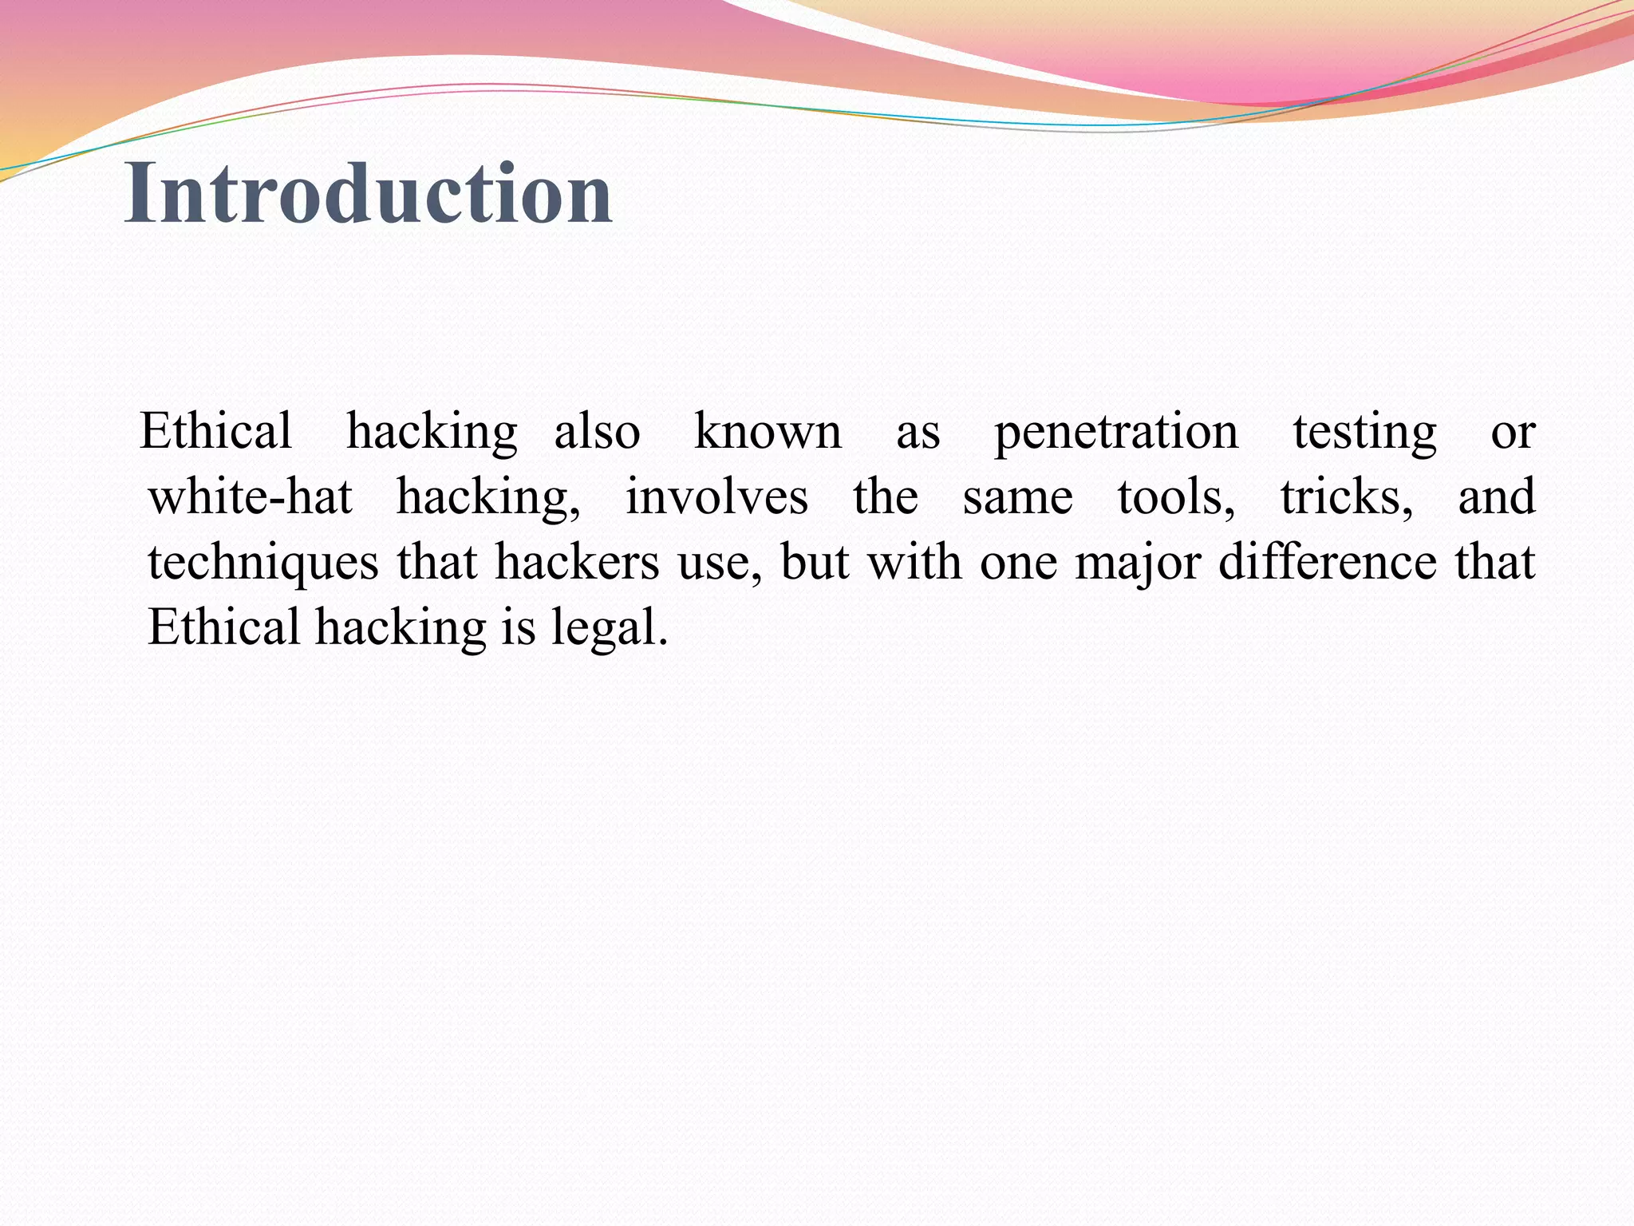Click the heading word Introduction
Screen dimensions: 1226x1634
pyautogui.click(x=369, y=193)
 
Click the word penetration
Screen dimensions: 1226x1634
pyautogui.click(x=1116, y=433)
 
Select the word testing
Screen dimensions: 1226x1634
pyautogui.click(x=1364, y=433)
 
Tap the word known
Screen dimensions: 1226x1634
pyautogui.click(x=768, y=433)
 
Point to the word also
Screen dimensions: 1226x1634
pyautogui.click(x=597, y=433)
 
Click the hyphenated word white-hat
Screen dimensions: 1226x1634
pyautogui.click(x=251, y=497)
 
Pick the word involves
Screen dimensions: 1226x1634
pyautogui.click(x=716, y=497)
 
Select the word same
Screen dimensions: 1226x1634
pyautogui.click(x=1018, y=497)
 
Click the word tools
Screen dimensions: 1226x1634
pyautogui.click(x=1176, y=497)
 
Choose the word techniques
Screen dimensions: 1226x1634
pyautogui.click(x=263, y=563)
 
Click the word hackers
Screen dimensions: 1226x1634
pyautogui.click(x=577, y=563)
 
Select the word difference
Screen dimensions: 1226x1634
pyautogui.click(x=1328, y=563)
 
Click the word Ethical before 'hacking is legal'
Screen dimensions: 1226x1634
pyautogui.click(x=223, y=628)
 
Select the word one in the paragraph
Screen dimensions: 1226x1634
pyautogui.click(x=1018, y=563)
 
